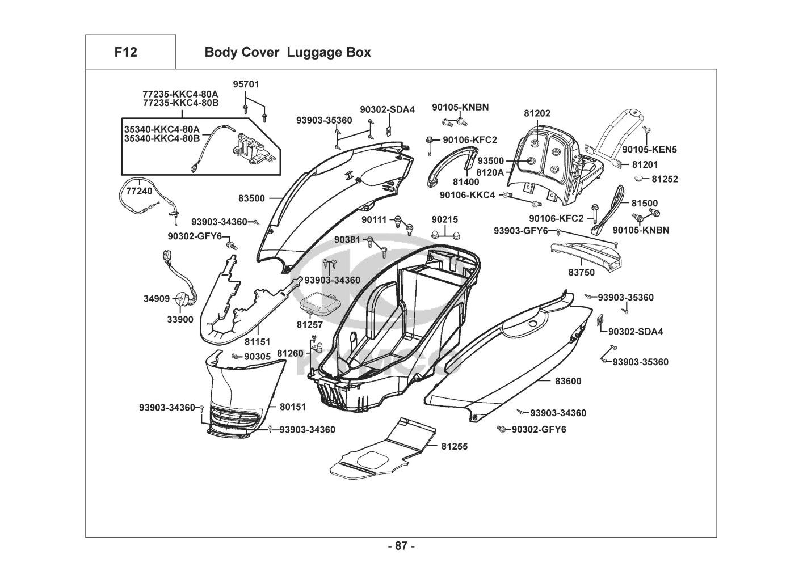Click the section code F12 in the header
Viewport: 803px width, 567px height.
pyautogui.click(x=125, y=52)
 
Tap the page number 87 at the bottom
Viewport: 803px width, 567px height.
pyautogui.click(x=401, y=547)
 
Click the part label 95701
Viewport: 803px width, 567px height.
pyautogui.click(x=246, y=84)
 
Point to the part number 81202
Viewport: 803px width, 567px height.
pyautogui.click(x=537, y=113)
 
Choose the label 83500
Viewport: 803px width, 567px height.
pyautogui.click(x=251, y=198)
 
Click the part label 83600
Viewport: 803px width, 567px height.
pyautogui.click(x=568, y=382)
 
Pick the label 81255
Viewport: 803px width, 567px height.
pyautogui.click(x=455, y=446)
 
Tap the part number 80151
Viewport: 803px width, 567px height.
pyautogui.click(x=293, y=407)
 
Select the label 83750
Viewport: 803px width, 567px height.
pyautogui.click(x=581, y=273)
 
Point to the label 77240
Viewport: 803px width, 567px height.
pyautogui.click(x=139, y=191)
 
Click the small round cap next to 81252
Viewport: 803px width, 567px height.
pyautogui.click(x=640, y=179)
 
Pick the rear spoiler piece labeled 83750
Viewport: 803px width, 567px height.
pyautogui.click(x=587, y=255)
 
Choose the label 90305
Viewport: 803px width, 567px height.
pyautogui.click(x=257, y=357)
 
